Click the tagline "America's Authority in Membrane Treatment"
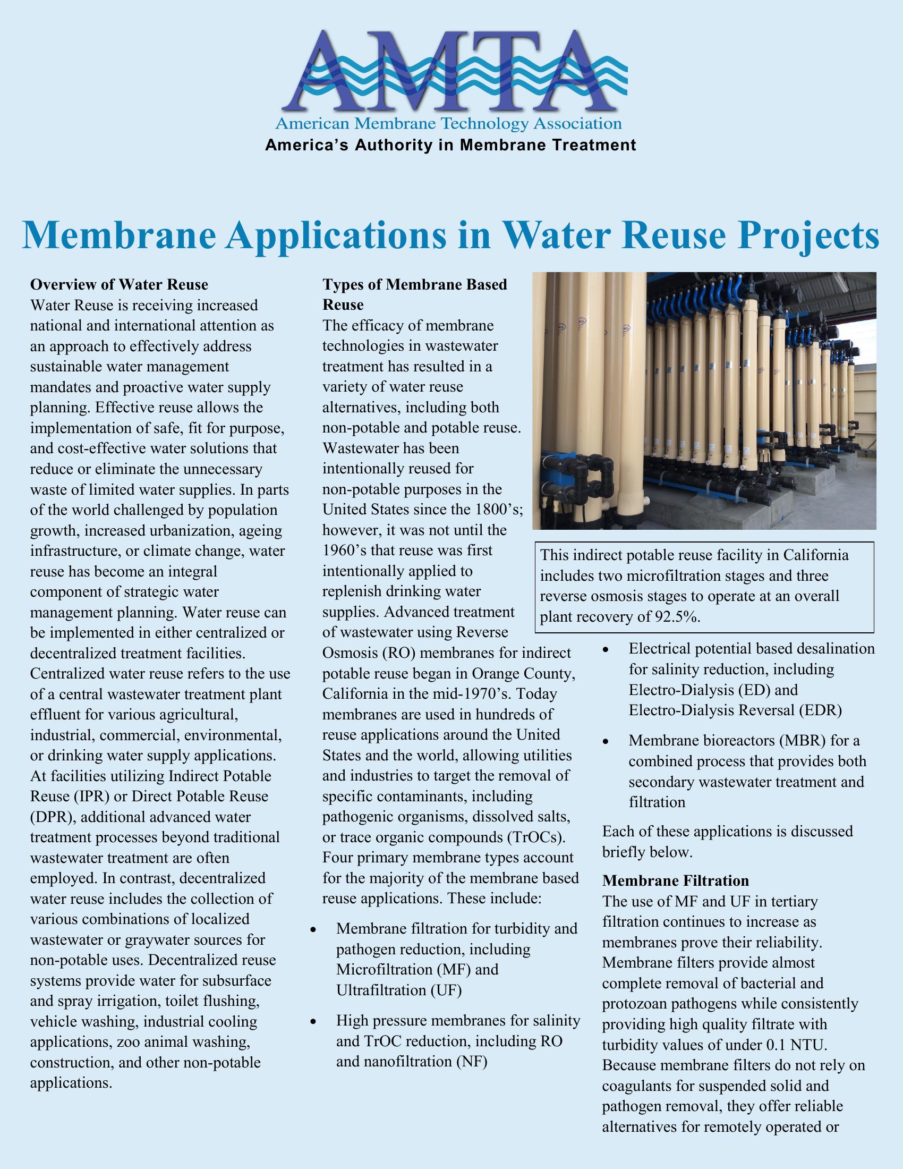(450, 145)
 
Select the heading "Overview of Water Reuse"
(120, 284)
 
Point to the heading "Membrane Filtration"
(676, 880)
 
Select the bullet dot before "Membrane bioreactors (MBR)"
(606, 742)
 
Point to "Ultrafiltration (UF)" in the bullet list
(399, 990)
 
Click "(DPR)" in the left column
(52, 817)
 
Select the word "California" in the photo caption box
(816, 555)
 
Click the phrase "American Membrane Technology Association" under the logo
(448, 124)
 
